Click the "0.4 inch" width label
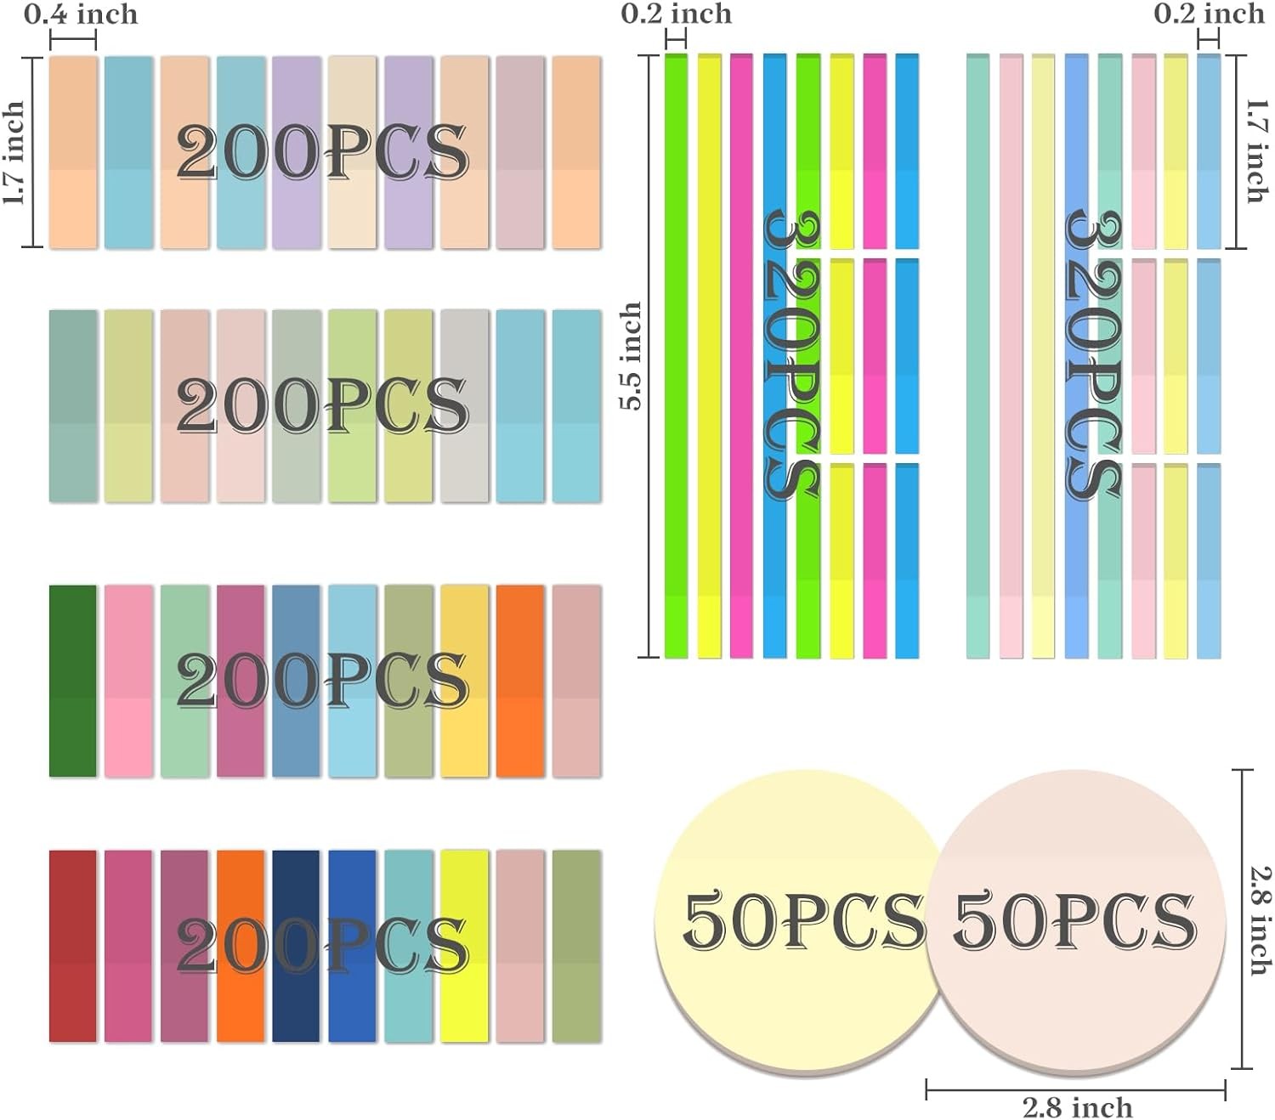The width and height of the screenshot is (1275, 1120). pyautogui.click(x=81, y=14)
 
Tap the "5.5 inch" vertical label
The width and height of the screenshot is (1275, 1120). pyautogui.click(x=631, y=356)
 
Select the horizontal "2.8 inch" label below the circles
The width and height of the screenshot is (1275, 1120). pyautogui.click(x=1077, y=1107)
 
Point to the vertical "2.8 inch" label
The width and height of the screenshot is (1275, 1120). pyautogui.click(x=1261, y=920)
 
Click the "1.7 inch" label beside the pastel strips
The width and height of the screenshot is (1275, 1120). pyautogui.click(x=1255, y=151)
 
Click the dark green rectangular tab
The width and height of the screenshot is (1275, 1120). pyautogui.click(x=72, y=680)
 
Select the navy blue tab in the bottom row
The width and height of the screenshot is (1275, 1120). pyautogui.click(x=296, y=945)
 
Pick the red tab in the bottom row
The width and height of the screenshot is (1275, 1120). pyautogui.click(x=72, y=945)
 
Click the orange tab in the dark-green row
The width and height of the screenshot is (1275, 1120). pyautogui.click(x=520, y=680)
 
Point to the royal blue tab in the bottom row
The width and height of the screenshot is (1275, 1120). pyautogui.click(x=352, y=945)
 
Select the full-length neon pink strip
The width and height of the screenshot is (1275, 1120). pyautogui.click(x=741, y=356)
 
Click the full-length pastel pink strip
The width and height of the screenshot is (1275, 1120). pyautogui.click(x=1011, y=356)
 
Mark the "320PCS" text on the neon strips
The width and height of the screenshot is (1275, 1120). pyautogui.click(x=790, y=356)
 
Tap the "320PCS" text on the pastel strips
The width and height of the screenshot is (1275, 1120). pyautogui.click(x=1094, y=356)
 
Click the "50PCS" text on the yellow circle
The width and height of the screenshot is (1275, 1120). pyautogui.click(x=803, y=920)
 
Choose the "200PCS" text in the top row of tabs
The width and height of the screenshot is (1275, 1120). pyautogui.click(x=323, y=153)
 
